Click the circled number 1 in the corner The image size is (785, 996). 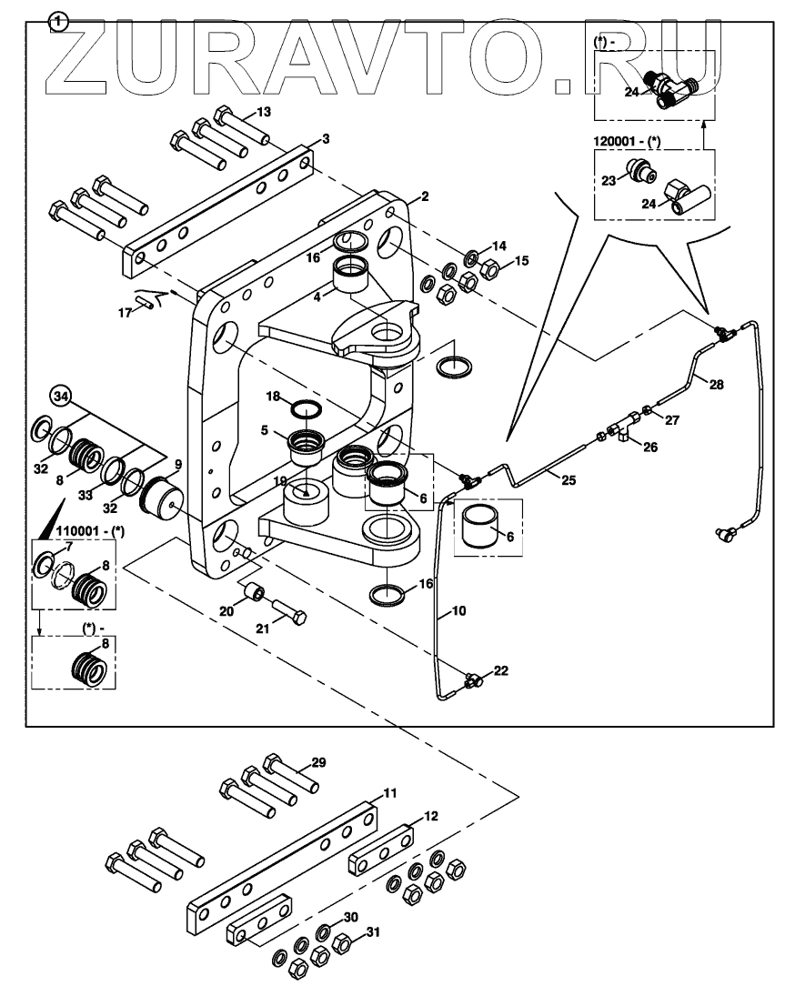59,19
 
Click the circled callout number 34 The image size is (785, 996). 61,397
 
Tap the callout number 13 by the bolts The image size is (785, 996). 264,112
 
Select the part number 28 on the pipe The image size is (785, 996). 717,385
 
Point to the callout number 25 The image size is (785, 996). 569,479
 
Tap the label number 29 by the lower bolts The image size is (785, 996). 317,761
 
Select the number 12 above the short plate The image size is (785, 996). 431,816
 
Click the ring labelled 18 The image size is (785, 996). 306,406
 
